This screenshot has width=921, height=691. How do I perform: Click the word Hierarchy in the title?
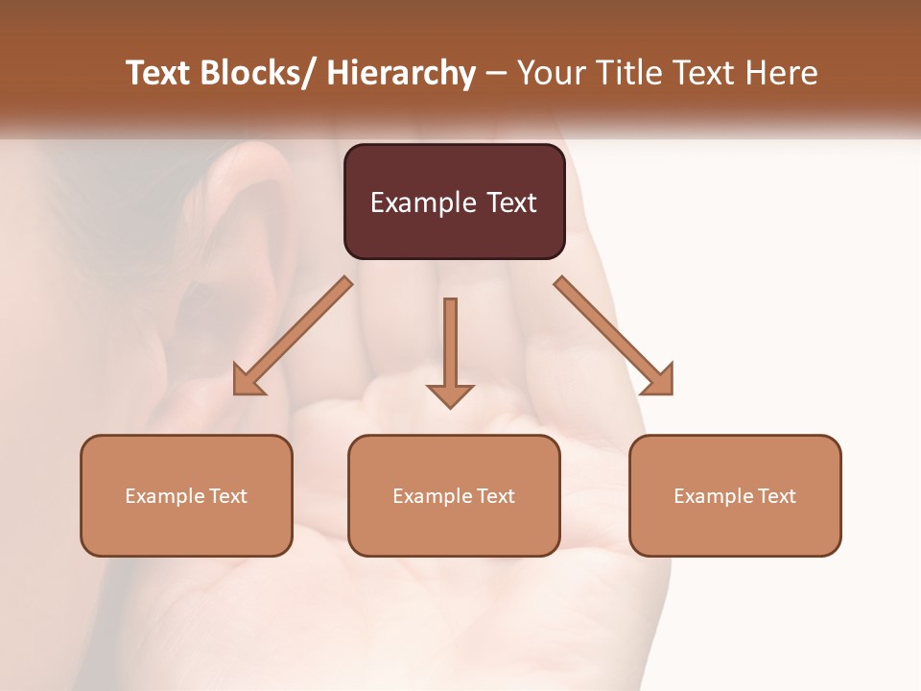401,73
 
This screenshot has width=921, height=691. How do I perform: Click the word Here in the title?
782,73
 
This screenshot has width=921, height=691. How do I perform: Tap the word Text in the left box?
228,496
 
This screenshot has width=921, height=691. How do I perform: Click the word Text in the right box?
776,496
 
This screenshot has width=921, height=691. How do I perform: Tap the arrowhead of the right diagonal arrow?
658,380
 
